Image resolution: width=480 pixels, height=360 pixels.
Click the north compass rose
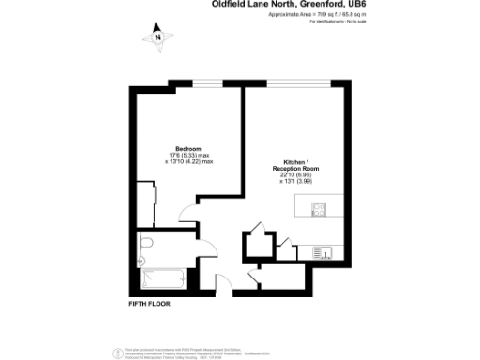click(x=160, y=38)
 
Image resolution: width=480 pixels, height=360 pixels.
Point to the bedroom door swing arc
click(x=188, y=213)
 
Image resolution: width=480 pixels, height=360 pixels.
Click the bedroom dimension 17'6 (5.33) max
click(x=190, y=155)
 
